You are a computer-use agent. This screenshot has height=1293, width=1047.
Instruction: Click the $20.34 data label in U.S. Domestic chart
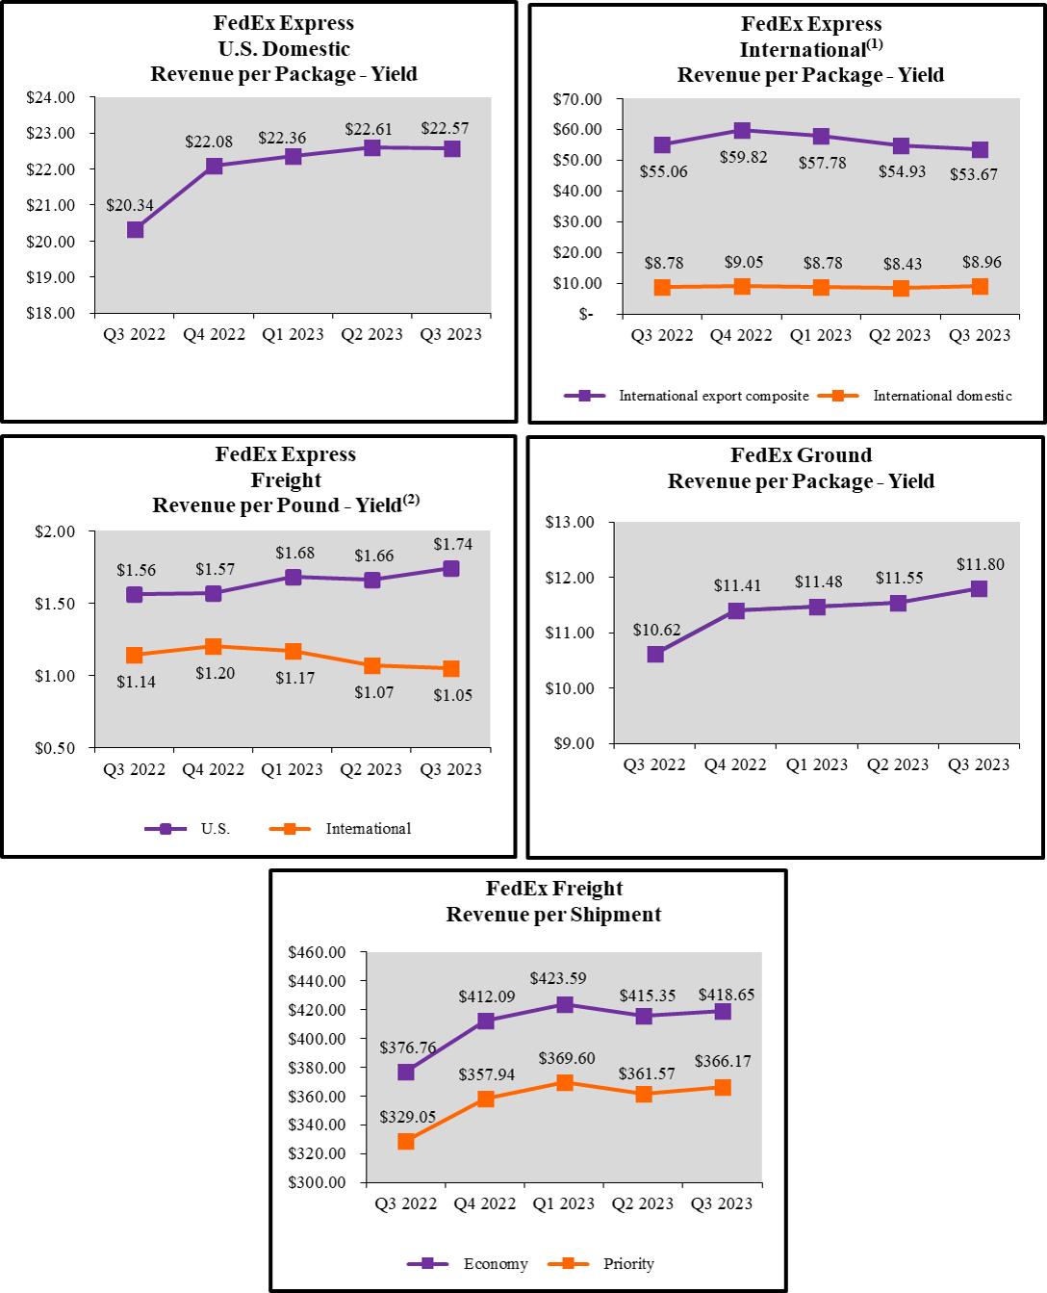[130, 205]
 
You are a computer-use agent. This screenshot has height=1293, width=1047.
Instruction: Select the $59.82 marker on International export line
[742, 131]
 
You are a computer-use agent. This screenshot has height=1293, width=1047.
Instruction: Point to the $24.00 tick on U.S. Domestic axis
[51, 97]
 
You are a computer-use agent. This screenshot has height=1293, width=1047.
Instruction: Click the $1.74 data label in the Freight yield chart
[453, 545]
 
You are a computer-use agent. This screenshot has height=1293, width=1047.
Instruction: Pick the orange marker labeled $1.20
[214, 647]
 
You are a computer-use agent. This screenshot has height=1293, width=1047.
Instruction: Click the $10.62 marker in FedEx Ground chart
[655, 655]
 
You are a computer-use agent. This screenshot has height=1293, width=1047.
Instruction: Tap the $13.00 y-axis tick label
[571, 523]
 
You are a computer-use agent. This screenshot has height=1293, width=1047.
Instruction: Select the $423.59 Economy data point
[565, 1005]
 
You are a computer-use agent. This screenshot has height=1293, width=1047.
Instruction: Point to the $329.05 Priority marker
[406, 1142]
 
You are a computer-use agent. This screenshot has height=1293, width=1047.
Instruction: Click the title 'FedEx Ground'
[801, 455]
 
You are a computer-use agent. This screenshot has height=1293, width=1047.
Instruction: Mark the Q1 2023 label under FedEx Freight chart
[564, 1204]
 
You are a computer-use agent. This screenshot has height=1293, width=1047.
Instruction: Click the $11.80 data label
[980, 565]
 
